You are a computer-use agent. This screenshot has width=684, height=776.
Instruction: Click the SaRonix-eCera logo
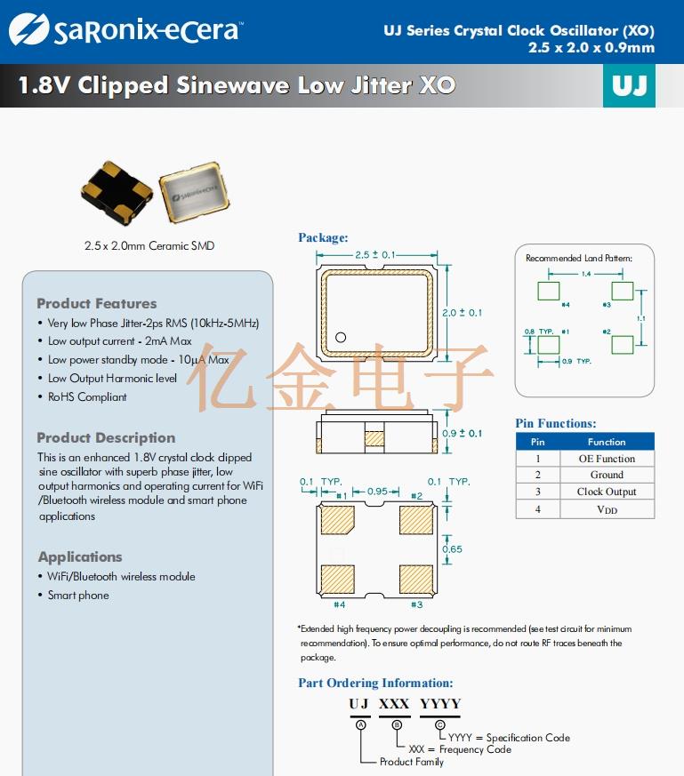[124, 31]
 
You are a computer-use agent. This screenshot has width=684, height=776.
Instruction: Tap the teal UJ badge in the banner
[629, 86]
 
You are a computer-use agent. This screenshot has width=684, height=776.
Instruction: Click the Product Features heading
[96, 303]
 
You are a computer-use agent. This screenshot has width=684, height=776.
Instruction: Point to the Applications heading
[80, 556]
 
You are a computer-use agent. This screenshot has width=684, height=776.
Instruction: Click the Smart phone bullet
[78, 596]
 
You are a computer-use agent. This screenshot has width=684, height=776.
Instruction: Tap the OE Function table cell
[607, 459]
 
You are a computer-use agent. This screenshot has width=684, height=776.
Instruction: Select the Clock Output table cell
[607, 492]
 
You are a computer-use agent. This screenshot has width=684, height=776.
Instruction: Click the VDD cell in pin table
[607, 509]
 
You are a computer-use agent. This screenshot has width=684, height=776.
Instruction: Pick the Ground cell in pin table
[607, 475]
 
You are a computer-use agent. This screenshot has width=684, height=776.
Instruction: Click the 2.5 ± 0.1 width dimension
[374, 255]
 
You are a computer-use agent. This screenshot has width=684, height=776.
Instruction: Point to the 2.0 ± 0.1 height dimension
[463, 313]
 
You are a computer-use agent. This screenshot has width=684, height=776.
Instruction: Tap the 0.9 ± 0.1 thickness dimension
[463, 433]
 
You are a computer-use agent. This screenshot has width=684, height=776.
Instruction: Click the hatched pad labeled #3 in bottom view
[416, 579]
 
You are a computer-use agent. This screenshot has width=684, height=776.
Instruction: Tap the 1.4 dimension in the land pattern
[586, 274]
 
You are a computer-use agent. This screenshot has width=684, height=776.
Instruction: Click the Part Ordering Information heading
[375, 684]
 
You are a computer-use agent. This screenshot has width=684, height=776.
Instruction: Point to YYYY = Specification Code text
[508, 738]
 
